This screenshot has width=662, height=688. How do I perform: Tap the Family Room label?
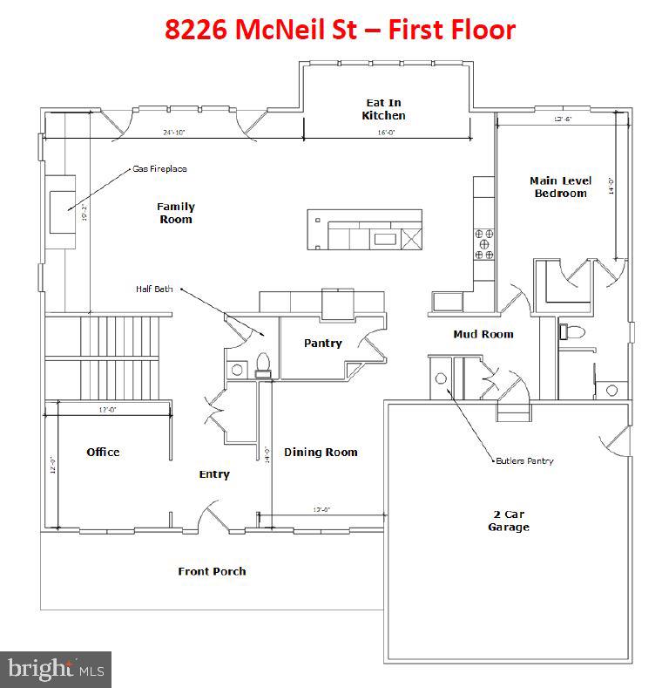tap(175, 213)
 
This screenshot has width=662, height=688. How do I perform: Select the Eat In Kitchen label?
tap(383, 109)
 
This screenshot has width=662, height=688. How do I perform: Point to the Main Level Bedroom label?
tap(560, 187)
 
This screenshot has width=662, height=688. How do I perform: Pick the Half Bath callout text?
tap(153, 289)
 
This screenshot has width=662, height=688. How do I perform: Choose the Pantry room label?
tap(322, 344)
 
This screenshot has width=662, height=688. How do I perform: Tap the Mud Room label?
tap(483, 334)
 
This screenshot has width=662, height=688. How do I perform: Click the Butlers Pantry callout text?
tap(524, 460)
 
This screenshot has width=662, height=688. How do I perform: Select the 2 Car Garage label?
tap(509, 521)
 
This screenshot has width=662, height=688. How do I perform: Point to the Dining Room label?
tap(321, 452)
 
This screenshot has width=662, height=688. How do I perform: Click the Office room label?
tap(103, 452)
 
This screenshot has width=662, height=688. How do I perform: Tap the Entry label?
tap(214, 474)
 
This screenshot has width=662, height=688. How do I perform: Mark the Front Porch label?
tap(212, 571)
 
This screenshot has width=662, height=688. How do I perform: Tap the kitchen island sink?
tap(383, 237)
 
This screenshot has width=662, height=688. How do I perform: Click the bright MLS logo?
tap(56, 669)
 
